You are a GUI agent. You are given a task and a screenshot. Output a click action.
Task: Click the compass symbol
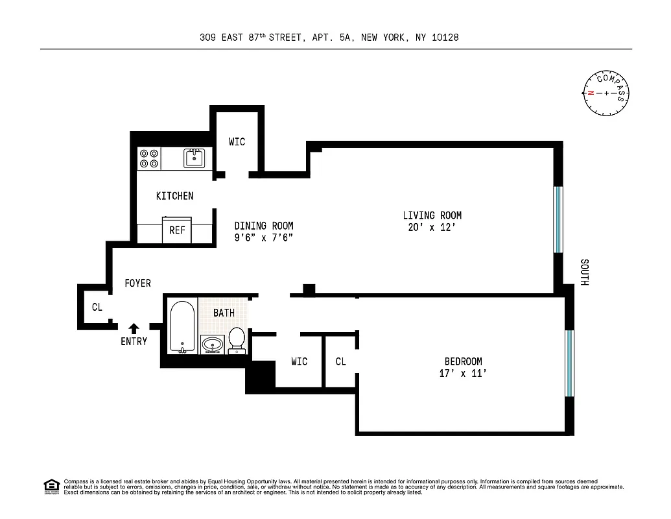pos(606,93)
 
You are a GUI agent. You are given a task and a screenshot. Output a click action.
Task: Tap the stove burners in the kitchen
pos(149,159)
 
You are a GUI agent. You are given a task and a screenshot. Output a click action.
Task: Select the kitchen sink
pos(194,158)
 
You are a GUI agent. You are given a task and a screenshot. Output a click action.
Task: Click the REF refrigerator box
pos(177,230)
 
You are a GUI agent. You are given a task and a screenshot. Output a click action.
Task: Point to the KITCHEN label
pos(174,196)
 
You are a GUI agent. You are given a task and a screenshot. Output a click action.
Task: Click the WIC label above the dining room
pos(237,141)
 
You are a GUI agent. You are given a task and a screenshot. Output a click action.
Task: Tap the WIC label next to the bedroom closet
pos(299,361)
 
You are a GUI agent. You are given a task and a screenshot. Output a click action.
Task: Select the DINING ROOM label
pos(264,226)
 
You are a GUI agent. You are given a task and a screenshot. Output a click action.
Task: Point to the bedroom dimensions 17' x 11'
pos(462,374)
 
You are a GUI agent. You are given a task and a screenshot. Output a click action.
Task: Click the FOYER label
pos(137,284)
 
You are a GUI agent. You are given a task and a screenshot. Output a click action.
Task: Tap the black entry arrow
pos(134,328)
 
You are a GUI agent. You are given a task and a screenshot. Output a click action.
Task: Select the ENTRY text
pos(134,341)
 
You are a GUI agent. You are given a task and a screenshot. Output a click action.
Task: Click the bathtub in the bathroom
pos(182,326)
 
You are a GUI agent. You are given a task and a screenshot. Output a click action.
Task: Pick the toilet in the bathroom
pos(237,339)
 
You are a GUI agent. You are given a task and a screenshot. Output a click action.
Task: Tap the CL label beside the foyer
pos(97,308)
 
